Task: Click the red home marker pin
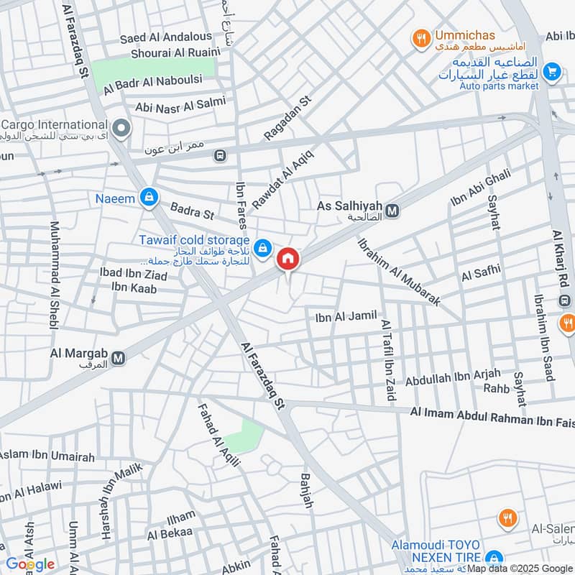point(288,259)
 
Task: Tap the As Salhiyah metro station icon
point(392,211)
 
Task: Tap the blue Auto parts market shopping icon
point(552,70)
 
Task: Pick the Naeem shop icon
point(149,197)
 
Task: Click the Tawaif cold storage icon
point(264,247)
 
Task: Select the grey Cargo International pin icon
point(122,129)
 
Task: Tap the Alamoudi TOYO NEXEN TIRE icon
point(493,558)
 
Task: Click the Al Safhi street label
point(480,275)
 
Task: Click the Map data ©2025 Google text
point(520,568)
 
